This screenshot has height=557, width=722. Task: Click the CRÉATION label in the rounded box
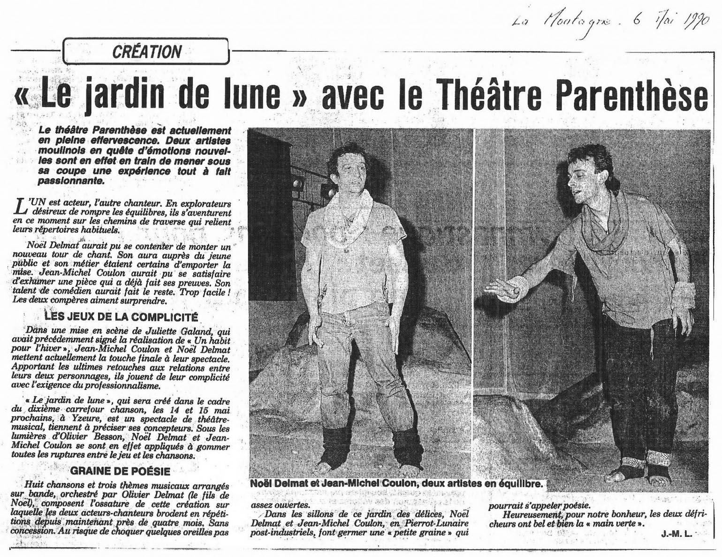[x=147, y=52]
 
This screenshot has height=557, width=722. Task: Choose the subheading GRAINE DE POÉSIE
[x=120, y=471]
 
